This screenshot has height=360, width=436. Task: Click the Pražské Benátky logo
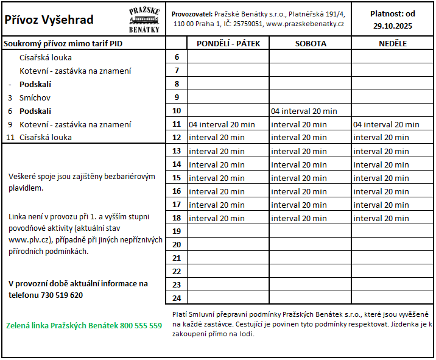click(x=144, y=20)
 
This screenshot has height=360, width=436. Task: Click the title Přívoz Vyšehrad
click(x=49, y=19)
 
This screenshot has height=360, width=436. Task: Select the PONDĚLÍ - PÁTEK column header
click(x=228, y=43)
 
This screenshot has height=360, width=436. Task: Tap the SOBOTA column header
click(x=311, y=43)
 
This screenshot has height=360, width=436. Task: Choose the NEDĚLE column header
click(x=393, y=43)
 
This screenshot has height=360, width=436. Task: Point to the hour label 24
click(x=177, y=298)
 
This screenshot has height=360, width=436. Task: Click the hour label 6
click(x=177, y=57)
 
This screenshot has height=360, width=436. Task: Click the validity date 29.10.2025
click(x=393, y=26)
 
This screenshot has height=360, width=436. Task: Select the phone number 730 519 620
click(x=59, y=295)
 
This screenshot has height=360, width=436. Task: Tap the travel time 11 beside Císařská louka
click(x=10, y=137)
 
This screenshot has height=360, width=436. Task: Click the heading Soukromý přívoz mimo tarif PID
click(x=63, y=43)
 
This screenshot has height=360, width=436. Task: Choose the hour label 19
click(x=177, y=231)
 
